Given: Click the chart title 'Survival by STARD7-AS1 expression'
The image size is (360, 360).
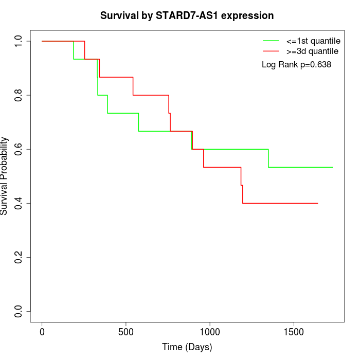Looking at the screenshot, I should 187,15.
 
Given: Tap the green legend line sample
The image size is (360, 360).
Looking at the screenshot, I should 271,40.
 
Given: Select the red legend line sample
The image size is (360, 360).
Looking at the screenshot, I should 271,51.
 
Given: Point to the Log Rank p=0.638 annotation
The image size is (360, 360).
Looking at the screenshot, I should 296,64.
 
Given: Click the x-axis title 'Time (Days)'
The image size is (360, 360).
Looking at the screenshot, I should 187,347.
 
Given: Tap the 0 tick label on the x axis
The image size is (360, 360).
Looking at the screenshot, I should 42,332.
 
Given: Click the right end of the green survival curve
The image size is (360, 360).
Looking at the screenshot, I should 333,167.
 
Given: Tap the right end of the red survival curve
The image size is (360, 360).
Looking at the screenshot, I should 317,203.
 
